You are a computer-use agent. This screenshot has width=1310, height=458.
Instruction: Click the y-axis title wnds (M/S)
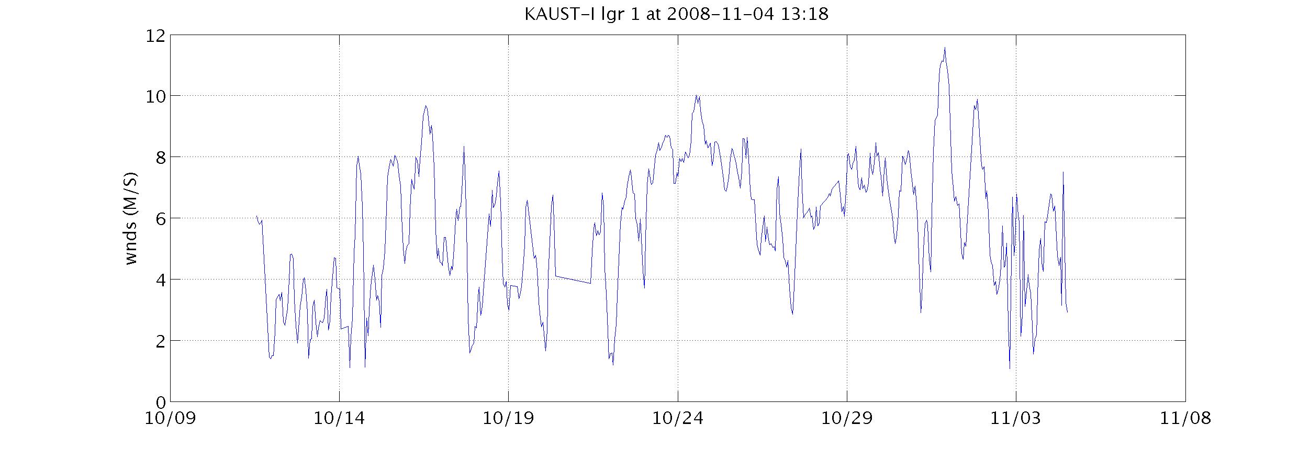coord(131,218)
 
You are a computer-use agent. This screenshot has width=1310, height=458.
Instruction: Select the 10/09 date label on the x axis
coord(170,419)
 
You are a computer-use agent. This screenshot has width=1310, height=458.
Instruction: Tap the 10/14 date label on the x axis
coord(339,419)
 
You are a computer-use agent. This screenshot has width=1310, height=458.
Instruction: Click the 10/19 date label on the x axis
coord(508,419)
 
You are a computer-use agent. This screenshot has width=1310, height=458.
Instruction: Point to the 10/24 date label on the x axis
coord(678,419)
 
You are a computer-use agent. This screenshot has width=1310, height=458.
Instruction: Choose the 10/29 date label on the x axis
coord(847,419)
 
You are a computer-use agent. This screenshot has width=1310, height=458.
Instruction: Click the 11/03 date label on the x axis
coord(1016,419)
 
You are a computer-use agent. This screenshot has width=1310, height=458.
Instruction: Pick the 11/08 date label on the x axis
coord(1185,419)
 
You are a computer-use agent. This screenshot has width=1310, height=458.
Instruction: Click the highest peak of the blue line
coord(945,48)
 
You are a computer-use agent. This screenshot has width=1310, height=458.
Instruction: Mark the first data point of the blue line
coord(256,216)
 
